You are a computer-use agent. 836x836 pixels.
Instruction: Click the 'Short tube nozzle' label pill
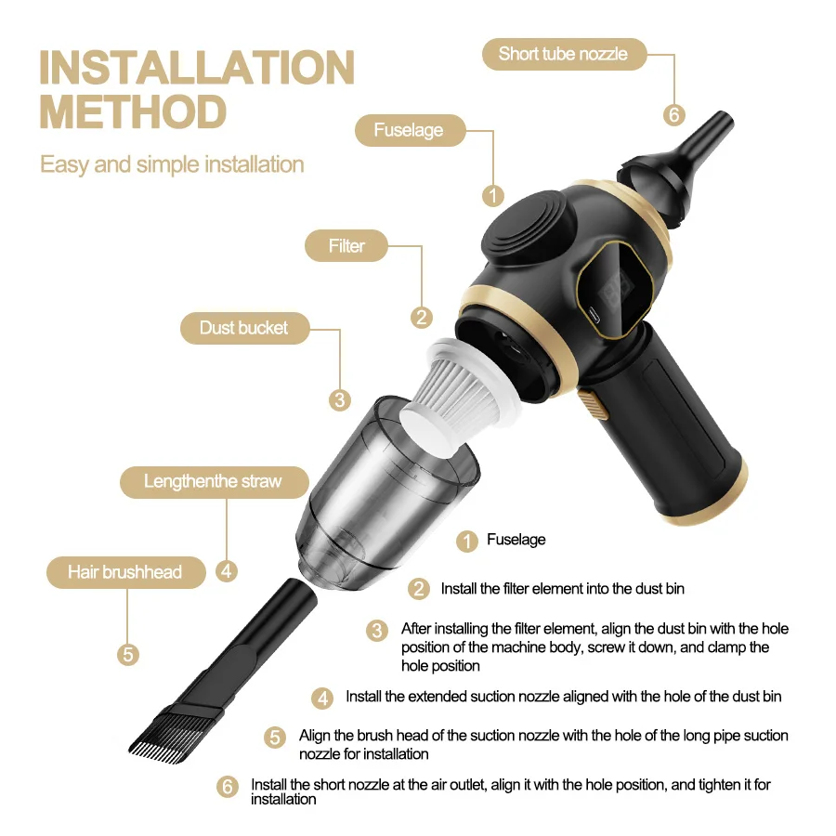tap(564, 54)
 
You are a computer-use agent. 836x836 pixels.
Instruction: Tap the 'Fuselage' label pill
tap(410, 130)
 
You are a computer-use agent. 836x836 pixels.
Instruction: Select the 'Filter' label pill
tap(346, 246)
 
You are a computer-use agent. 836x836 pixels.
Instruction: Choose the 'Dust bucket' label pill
tap(244, 328)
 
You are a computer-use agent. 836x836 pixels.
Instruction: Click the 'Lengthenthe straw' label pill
tap(215, 482)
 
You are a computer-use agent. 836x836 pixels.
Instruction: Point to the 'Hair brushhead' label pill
tap(125, 572)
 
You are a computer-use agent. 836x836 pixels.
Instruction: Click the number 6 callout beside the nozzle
tap(674, 114)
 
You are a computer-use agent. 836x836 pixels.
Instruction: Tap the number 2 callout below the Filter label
tap(421, 318)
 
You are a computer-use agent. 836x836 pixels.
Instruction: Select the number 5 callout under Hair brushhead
tap(128, 654)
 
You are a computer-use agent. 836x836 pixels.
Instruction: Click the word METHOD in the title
tap(133, 112)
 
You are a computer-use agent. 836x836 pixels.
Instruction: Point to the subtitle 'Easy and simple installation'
tap(172, 164)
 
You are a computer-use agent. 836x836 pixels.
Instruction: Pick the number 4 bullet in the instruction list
tap(322, 698)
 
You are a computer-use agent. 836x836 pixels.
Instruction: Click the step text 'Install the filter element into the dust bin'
tap(563, 589)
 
